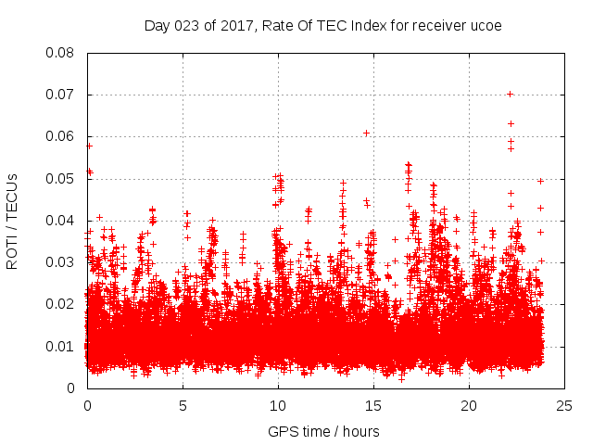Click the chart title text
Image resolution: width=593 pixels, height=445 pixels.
[x=322, y=25]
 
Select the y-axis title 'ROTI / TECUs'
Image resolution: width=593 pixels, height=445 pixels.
[x=12, y=221]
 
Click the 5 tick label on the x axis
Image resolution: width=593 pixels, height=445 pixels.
[x=183, y=405]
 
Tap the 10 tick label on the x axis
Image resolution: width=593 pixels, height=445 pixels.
[x=278, y=405]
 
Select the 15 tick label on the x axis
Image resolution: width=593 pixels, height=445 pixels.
[x=373, y=405]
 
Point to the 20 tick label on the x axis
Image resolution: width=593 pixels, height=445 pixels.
[x=469, y=405]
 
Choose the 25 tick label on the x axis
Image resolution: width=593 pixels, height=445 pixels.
[x=564, y=405]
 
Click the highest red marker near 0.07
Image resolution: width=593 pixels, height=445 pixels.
[x=511, y=94]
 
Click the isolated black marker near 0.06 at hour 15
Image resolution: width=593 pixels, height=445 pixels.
[x=366, y=133]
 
